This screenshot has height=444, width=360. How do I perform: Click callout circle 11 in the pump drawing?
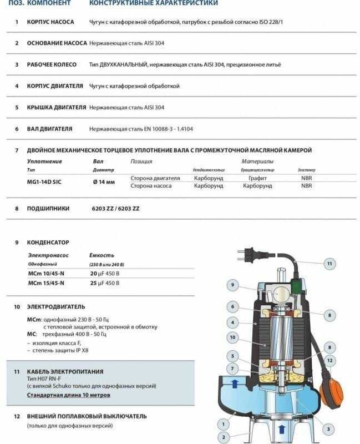(x=329, y=263)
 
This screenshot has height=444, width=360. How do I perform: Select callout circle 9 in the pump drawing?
(x=233, y=286)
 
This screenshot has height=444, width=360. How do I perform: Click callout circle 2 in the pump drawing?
(x=224, y=437)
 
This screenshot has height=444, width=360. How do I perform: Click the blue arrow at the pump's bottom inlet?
(x=282, y=428)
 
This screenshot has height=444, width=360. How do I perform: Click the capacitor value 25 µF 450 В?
(x=105, y=282)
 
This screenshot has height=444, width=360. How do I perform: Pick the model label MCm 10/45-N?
(x=46, y=274)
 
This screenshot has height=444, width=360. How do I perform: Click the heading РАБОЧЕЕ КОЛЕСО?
(x=52, y=64)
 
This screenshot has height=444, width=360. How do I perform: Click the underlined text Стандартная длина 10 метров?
(x=68, y=395)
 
